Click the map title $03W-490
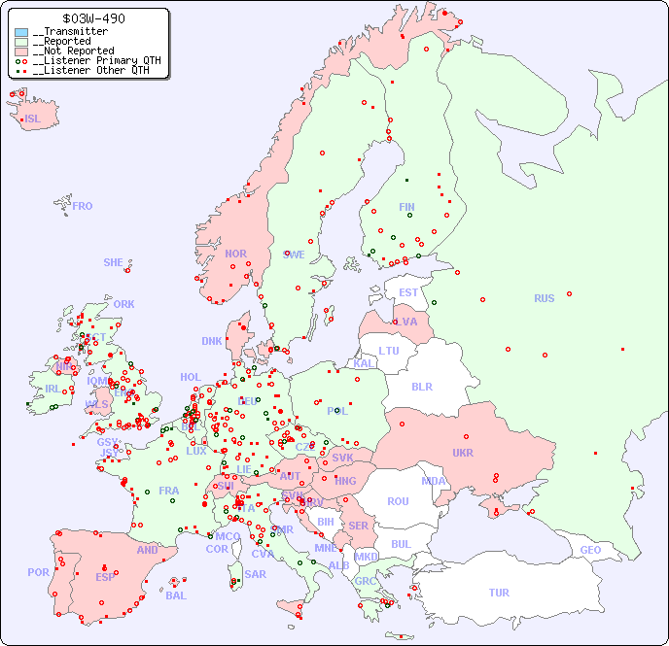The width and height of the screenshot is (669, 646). (93, 18)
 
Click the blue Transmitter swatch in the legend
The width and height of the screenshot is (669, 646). (21, 32)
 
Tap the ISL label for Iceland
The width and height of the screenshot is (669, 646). (33, 119)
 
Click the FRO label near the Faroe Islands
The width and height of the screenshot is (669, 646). (83, 206)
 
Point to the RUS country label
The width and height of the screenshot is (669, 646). (544, 298)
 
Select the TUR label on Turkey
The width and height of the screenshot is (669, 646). (499, 593)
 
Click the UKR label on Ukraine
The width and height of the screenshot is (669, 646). (463, 453)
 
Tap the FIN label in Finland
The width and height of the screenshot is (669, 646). (406, 207)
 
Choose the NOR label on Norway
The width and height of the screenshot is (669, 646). (235, 254)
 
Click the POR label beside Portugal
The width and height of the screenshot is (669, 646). (38, 572)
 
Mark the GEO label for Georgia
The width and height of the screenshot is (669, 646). (590, 550)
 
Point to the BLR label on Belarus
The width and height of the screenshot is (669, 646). (422, 386)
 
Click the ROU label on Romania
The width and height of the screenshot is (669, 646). (398, 501)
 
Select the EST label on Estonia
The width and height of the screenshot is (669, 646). (408, 292)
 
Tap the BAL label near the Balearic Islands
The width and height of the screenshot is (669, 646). (176, 595)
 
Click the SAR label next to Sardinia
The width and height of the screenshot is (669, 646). (255, 574)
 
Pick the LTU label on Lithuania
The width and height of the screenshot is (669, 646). (389, 351)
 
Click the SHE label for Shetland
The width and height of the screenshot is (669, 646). (114, 262)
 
